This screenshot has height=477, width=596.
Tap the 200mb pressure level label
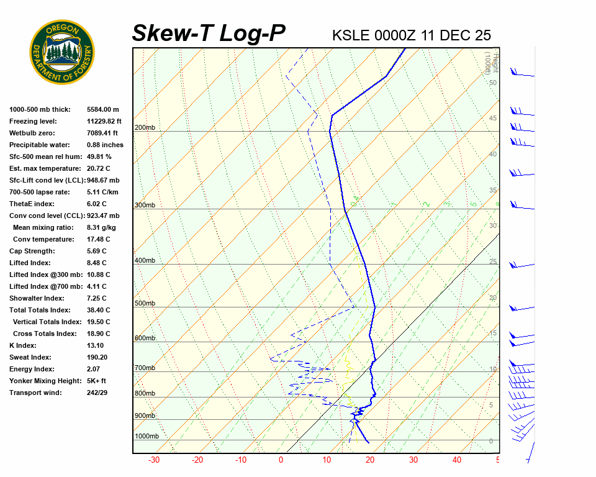click(x=145, y=127)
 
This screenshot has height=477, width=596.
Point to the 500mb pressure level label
click(x=145, y=303)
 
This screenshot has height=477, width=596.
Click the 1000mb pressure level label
click(x=147, y=436)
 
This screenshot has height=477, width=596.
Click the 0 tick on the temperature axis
click(x=281, y=460)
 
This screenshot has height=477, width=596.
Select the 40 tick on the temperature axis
click(x=457, y=460)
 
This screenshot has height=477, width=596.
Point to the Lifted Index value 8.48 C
click(x=98, y=263)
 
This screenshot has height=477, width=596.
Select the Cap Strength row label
click(x=32, y=251)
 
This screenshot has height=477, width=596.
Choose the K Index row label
click(x=23, y=345)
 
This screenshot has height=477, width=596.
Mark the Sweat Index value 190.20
click(x=99, y=357)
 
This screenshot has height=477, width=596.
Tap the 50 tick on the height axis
click(x=492, y=83)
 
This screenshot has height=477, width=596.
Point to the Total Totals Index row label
click(x=40, y=310)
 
